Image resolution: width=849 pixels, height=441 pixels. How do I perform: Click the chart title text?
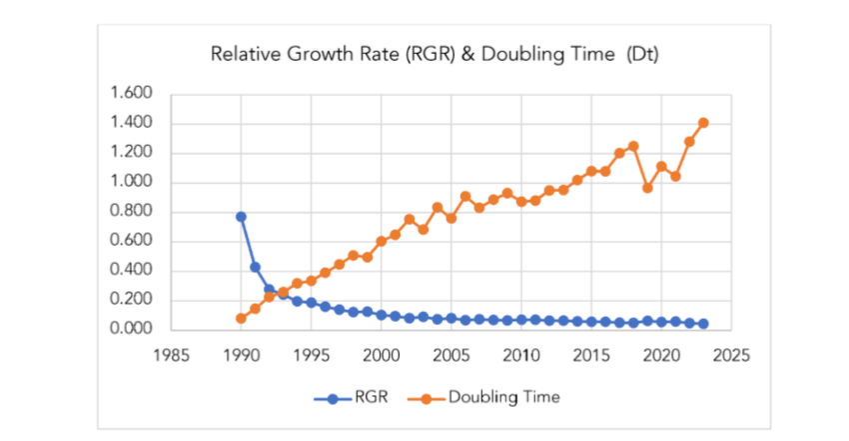434,54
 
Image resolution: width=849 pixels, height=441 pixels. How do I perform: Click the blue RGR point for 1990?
241,216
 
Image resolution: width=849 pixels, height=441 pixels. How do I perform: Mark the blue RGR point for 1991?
255,267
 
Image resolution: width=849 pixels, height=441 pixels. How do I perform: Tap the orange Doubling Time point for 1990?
241,318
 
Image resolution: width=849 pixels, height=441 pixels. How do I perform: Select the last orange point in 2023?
703,123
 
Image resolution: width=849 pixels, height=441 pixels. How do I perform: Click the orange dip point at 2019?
647,188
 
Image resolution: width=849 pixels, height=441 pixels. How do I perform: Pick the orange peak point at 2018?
633,146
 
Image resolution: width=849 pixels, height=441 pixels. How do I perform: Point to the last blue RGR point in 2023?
703,324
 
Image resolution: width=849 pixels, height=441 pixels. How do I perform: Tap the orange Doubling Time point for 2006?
465,197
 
